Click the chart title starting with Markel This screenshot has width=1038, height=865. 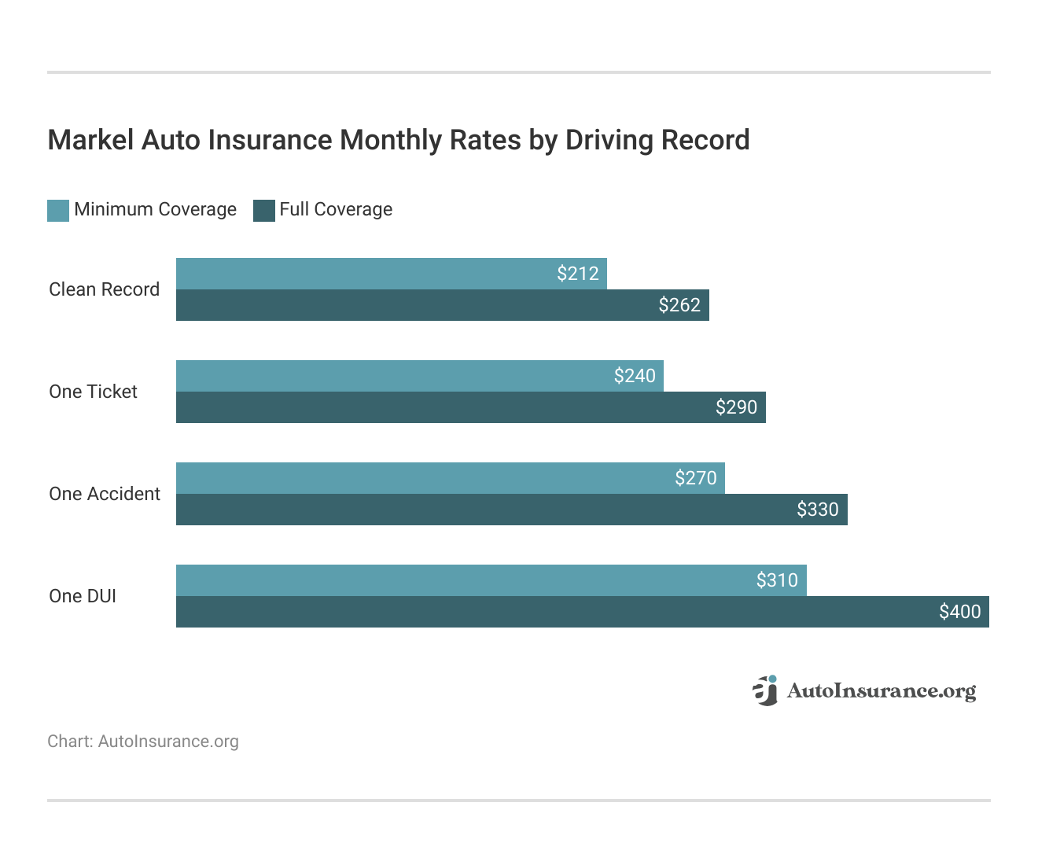click(399, 140)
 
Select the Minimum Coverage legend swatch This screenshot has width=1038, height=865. click(58, 210)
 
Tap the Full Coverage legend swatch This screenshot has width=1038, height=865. click(264, 210)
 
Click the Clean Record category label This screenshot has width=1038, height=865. click(104, 289)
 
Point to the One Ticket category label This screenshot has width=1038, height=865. click(93, 392)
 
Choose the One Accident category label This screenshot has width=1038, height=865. click(105, 494)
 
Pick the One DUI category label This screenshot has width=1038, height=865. click(83, 596)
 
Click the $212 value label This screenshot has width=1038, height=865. click(578, 274)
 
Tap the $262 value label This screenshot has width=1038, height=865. click(679, 305)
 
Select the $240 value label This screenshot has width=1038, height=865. click(635, 376)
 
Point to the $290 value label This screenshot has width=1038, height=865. click(736, 407)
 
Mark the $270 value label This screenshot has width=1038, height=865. click(696, 478)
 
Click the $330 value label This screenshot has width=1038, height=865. click(818, 510)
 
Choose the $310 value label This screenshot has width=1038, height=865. click(777, 580)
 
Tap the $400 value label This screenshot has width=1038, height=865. click(960, 612)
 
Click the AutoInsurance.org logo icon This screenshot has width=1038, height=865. click(764, 690)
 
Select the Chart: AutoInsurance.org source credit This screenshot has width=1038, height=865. click(143, 742)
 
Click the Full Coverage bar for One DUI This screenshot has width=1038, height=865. click(550, 612)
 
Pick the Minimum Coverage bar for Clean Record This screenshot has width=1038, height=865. click(362, 274)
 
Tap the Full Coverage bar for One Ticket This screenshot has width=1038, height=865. click(440, 407)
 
